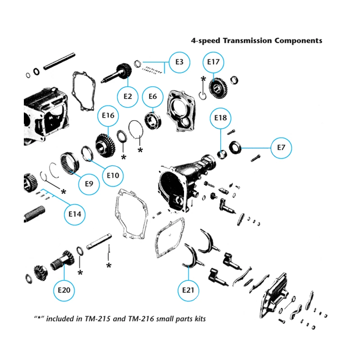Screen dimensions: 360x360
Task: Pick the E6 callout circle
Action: click(153, 96)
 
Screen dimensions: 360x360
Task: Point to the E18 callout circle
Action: click(220, 118)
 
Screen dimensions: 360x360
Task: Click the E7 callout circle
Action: click(281, 148)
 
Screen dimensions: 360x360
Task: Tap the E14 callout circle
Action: click(75, 215)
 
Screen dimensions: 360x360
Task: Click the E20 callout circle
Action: click(64, 290)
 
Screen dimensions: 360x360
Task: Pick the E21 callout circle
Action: click(189, 290)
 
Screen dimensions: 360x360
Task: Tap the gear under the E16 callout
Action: click(105, 144)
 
